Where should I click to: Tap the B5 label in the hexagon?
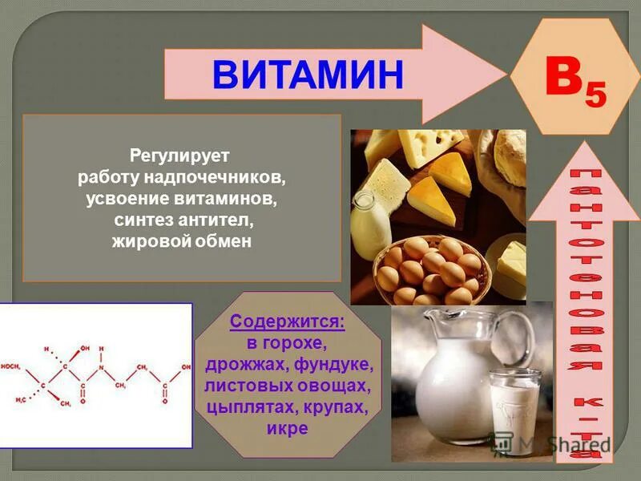tap(575, 82)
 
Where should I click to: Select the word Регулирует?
tap(179, 153)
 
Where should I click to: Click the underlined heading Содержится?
tap(288, 322)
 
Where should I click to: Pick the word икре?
tap(288, 428)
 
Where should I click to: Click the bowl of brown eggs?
tap(429, 269)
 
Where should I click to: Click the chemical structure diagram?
tap(96, 375)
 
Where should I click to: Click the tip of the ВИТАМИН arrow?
tap(501, 74)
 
